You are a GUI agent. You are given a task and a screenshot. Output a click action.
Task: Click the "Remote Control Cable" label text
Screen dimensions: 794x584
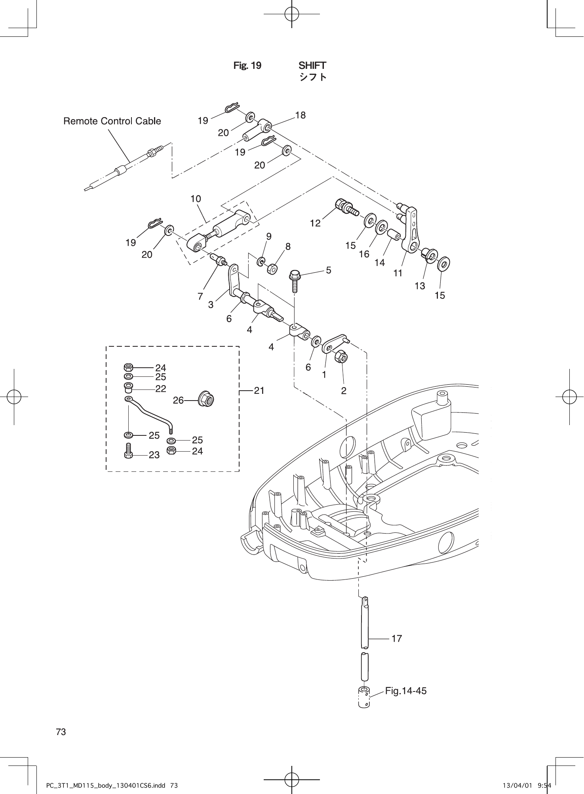(112, 121)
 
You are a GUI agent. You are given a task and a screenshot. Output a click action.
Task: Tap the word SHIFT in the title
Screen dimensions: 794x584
(312, 65)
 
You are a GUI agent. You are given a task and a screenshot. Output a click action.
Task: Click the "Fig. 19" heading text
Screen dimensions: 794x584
(247, 65)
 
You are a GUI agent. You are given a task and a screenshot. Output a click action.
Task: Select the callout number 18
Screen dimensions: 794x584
(301, 115)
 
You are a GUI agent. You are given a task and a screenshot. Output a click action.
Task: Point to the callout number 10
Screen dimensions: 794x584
(196, 199)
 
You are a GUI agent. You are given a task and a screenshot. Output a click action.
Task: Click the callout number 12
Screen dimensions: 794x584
(315, 223)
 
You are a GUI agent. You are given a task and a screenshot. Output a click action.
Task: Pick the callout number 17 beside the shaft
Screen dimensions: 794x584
(396, 638)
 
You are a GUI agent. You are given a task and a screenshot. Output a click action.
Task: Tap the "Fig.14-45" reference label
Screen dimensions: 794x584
(406, 691)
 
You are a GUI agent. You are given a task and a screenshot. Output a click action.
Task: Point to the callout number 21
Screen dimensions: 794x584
(259, 391)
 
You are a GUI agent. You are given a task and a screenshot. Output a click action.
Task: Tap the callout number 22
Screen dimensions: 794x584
(160, 389)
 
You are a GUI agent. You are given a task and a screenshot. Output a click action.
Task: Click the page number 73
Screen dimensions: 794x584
(61, 732)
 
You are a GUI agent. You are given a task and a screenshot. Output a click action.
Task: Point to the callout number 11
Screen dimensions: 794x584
(398, 273)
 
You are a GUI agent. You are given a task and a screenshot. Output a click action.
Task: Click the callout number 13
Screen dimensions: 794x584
(420, 285)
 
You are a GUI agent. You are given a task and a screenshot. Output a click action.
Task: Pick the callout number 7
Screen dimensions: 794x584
(200, 296)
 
